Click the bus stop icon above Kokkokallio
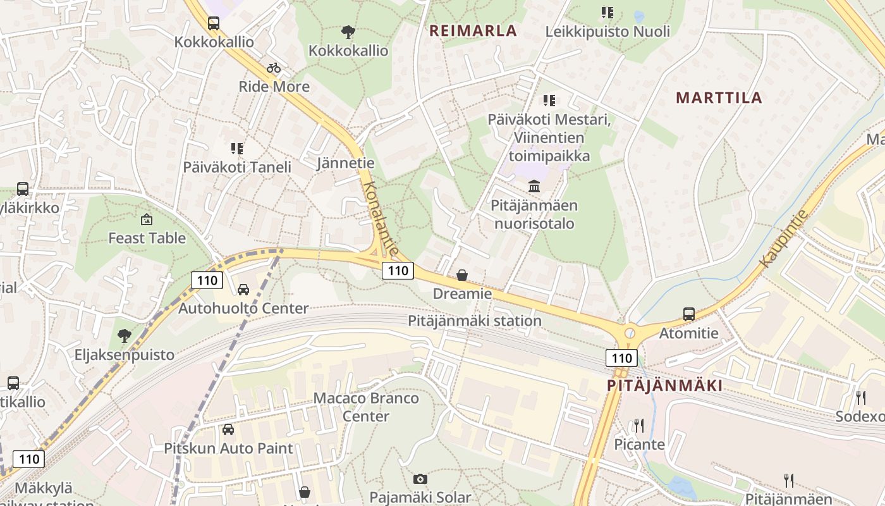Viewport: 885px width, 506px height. tap(214, 23)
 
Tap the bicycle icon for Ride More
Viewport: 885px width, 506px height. tap(274, 68)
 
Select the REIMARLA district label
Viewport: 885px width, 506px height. tap(473, 30)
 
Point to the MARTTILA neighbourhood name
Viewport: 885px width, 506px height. tap(719, 97)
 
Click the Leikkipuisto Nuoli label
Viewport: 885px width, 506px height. tap(607, 31)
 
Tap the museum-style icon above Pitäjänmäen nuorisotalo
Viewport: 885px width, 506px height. tap(534, 187)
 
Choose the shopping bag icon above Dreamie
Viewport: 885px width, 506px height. tap(462, 275)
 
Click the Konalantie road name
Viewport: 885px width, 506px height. tap(381, 219)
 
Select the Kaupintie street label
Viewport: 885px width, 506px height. tap(784, 238)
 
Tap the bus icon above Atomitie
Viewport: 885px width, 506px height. tap(688, 314)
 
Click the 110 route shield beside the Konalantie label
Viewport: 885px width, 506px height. tap(398, 271)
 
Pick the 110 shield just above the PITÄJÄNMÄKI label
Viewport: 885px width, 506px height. tap(621, 358)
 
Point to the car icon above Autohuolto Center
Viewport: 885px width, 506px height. tap(243, 290)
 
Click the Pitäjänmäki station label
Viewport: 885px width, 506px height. tap(474, 321)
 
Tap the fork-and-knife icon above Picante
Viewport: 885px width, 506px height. tap(639, 425)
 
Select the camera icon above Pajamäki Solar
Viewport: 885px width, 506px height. tap(420, 479)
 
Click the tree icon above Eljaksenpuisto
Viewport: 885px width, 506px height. tap(125, 336)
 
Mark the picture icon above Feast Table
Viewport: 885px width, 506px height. tap(147, 219)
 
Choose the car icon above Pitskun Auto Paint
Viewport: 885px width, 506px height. tap(228, 429)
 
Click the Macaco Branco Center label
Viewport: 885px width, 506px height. tap(366, 407)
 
